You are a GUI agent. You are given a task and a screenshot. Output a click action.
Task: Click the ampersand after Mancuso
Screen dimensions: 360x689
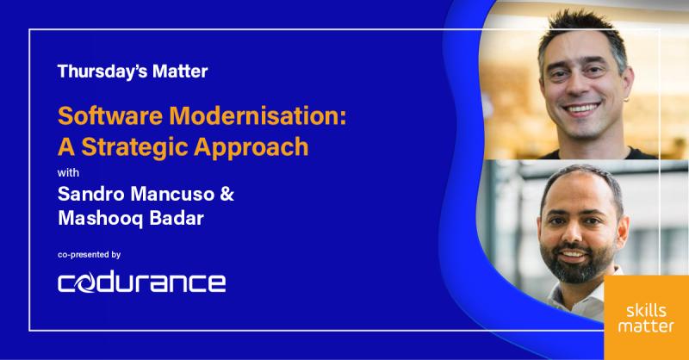click(x=227, y=195)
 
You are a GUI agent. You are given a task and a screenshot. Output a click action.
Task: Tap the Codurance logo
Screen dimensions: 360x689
click(x=141, y=282)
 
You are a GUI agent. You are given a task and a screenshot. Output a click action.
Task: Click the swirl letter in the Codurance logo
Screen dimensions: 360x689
click(x=90, y=282)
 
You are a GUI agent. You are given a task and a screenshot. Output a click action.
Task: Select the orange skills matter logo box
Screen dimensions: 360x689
click(x=645, y=317)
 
